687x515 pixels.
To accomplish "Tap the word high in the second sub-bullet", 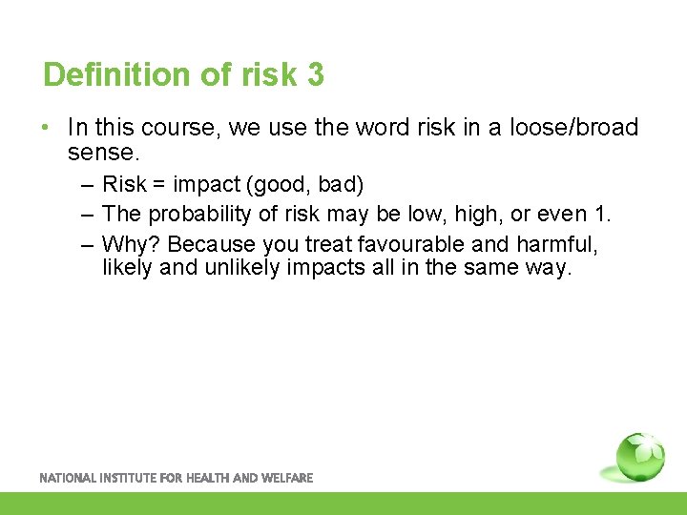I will tap(457, 215).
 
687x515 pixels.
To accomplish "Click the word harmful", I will tap(558, 244).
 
